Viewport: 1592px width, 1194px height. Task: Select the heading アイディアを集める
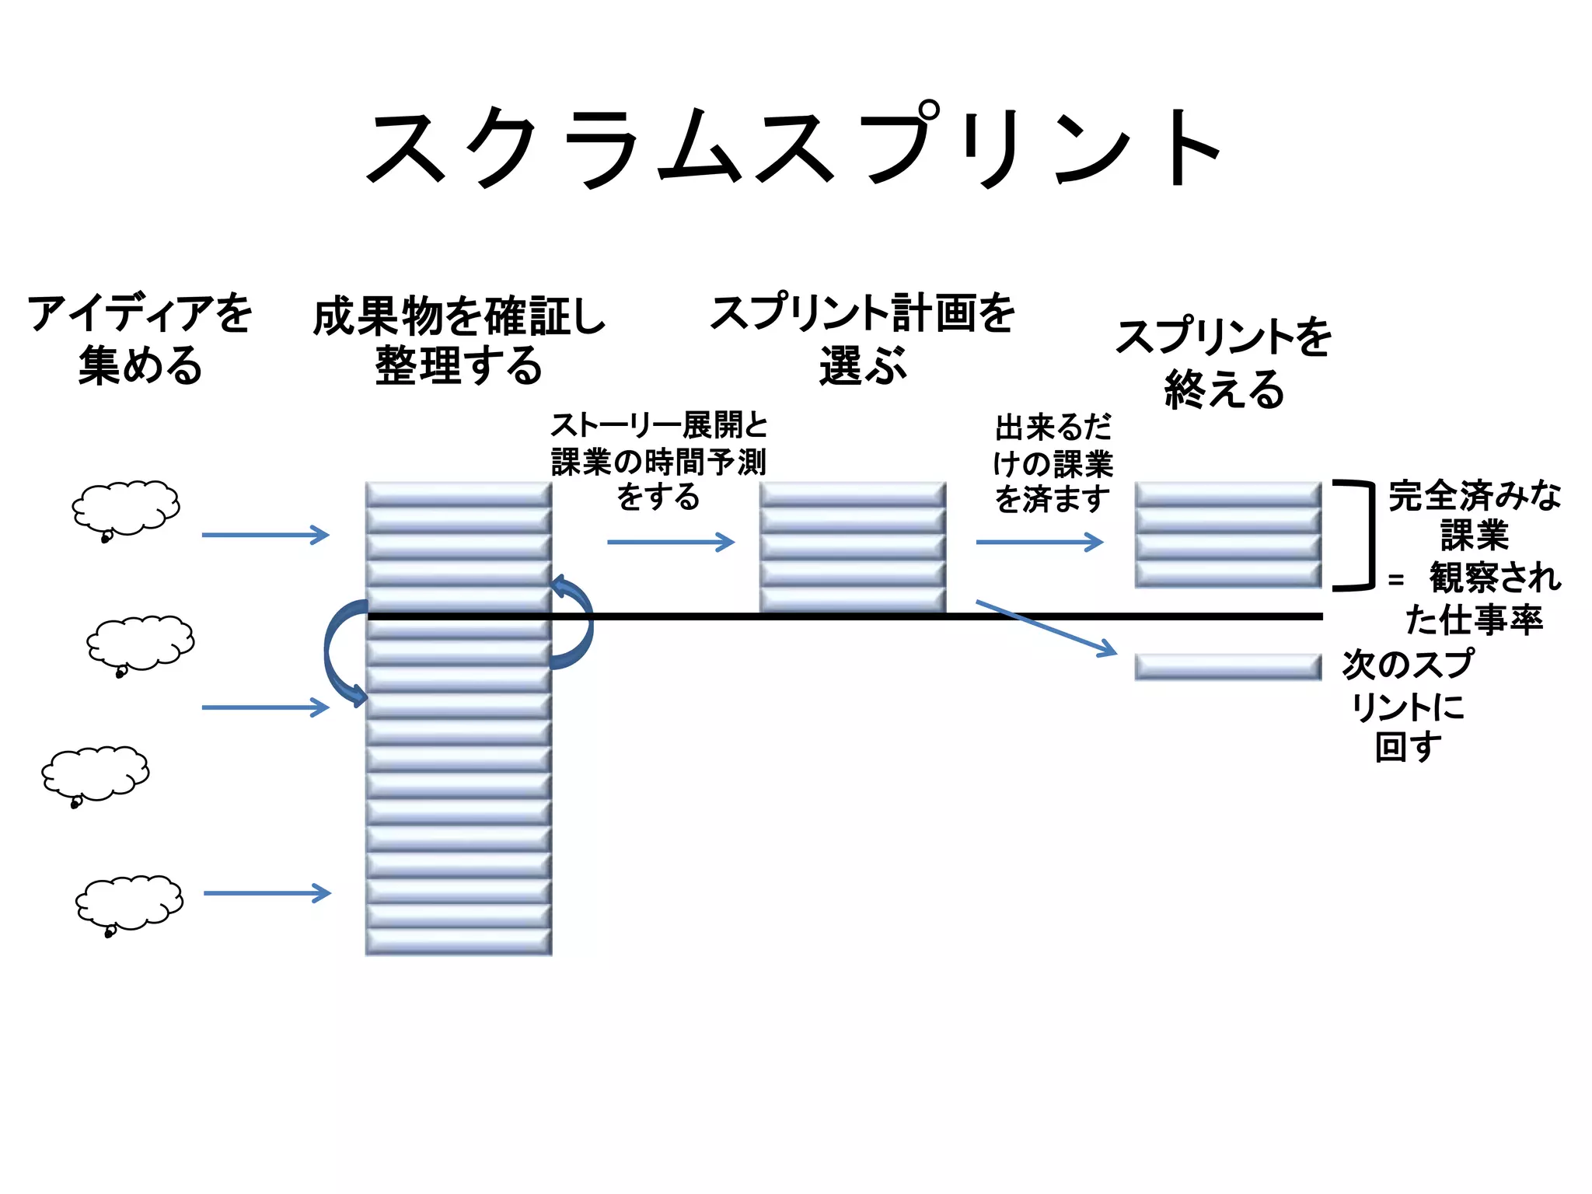pos(140,339)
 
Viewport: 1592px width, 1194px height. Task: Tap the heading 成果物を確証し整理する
pos(459,340)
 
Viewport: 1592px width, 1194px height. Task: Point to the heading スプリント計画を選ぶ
pos(863,339)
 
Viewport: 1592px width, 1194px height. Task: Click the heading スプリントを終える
pos(1224,363)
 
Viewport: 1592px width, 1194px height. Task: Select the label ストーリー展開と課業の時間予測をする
pos(658,462)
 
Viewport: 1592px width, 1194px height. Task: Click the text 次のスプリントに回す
pos(1407,706)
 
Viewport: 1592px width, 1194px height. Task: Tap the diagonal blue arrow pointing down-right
pos(1046,627)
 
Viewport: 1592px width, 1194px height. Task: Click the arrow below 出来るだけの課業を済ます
pos(1039,542)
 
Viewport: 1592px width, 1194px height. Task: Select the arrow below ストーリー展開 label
pos(670,542)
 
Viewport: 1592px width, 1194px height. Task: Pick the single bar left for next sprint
pos(1227,667)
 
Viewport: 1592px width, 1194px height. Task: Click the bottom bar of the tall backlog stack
pos(459,942)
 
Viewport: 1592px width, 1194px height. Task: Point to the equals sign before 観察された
pos(1396,580)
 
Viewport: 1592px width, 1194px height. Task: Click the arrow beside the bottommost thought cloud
pos(267,893)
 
